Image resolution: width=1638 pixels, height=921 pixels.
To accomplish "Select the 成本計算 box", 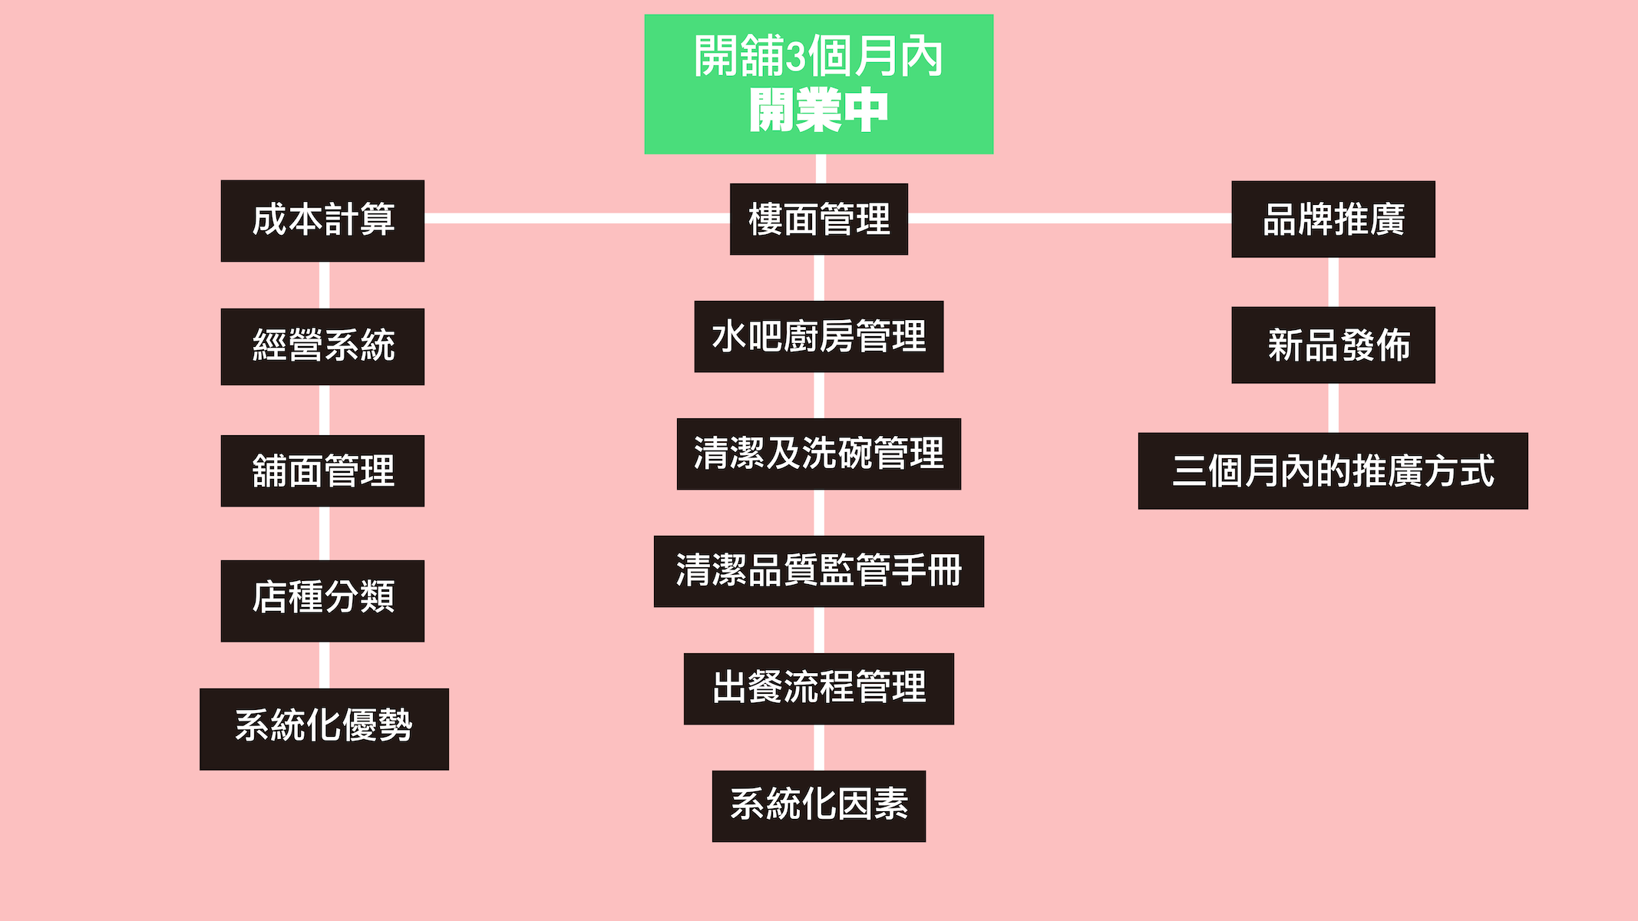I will click(322, 221).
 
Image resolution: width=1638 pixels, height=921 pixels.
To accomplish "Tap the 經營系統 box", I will click(322, 346).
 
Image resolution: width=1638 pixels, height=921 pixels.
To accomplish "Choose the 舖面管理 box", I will click(322, 470).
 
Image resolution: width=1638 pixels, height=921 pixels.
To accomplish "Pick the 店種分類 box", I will click(322, 600).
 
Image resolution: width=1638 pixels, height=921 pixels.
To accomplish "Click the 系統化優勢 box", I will click(324, 728).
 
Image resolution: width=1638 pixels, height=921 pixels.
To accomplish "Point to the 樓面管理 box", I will click(818, 219).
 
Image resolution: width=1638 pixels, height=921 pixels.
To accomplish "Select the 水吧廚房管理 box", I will click(818, 336).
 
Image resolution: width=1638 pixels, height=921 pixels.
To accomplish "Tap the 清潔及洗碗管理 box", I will click(818, 454).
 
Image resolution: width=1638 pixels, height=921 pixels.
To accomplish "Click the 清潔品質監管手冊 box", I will click(818, 571).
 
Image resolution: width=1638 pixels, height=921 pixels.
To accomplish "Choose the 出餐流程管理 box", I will click(818, 688).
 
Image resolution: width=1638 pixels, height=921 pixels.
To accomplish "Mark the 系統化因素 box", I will click(818, 806).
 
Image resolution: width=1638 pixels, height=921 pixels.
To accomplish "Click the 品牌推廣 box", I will click(1333, 219).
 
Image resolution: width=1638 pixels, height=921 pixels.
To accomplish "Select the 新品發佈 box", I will click(1333, 345).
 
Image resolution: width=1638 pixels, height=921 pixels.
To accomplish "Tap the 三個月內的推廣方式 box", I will click(1333, 470).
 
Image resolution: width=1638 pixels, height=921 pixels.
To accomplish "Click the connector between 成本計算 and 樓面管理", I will click(576, 219).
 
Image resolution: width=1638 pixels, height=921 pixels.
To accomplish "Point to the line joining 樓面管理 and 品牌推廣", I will click(1069, 219).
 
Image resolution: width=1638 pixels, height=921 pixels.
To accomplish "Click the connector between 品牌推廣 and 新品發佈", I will click(1333, 282).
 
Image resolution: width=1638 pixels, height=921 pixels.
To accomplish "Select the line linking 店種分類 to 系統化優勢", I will click(324, 665).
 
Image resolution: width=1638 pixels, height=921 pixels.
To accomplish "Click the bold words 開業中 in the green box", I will click(818, 111).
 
